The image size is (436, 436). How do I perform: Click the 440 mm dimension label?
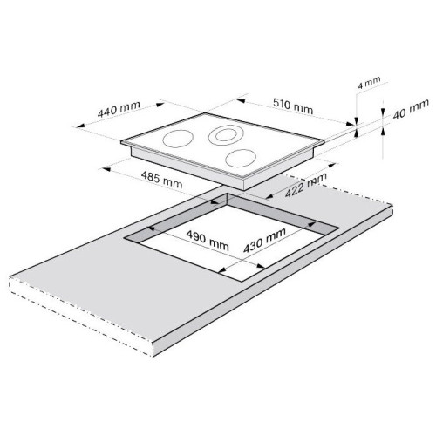coord(119,109)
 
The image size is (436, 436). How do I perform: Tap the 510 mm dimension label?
coord(293,106)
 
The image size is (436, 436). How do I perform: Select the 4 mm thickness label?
coord(369,82)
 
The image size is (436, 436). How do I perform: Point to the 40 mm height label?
coord(411,109)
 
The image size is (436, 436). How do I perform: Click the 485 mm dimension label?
coord(161,180)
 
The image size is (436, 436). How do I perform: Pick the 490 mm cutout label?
coord(208,241)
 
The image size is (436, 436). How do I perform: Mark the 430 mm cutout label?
coord(264,240)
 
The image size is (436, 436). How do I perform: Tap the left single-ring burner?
coord(178,139)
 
